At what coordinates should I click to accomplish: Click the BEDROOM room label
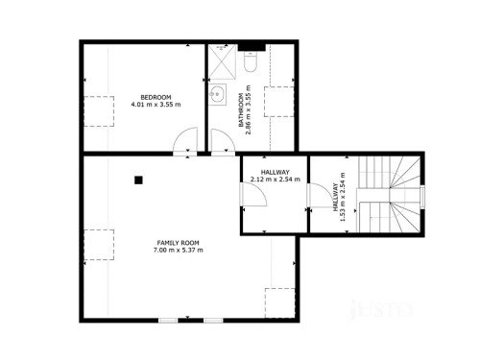click(156, 97)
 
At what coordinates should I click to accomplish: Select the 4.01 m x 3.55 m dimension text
click(156, 105)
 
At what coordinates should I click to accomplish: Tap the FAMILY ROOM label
click(178, 242)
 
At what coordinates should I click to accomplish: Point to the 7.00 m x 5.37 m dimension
click(178, 250)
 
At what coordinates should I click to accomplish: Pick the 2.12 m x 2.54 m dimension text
click(275, 179)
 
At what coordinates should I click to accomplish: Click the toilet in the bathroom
click(252, 62)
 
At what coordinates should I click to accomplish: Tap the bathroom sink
click(218, 96)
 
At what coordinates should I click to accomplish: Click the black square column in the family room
click(138, 178)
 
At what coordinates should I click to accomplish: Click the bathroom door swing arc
click(220, 145)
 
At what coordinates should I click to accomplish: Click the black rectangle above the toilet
click(252, 45)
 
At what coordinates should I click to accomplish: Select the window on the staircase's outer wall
click(421, 198)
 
